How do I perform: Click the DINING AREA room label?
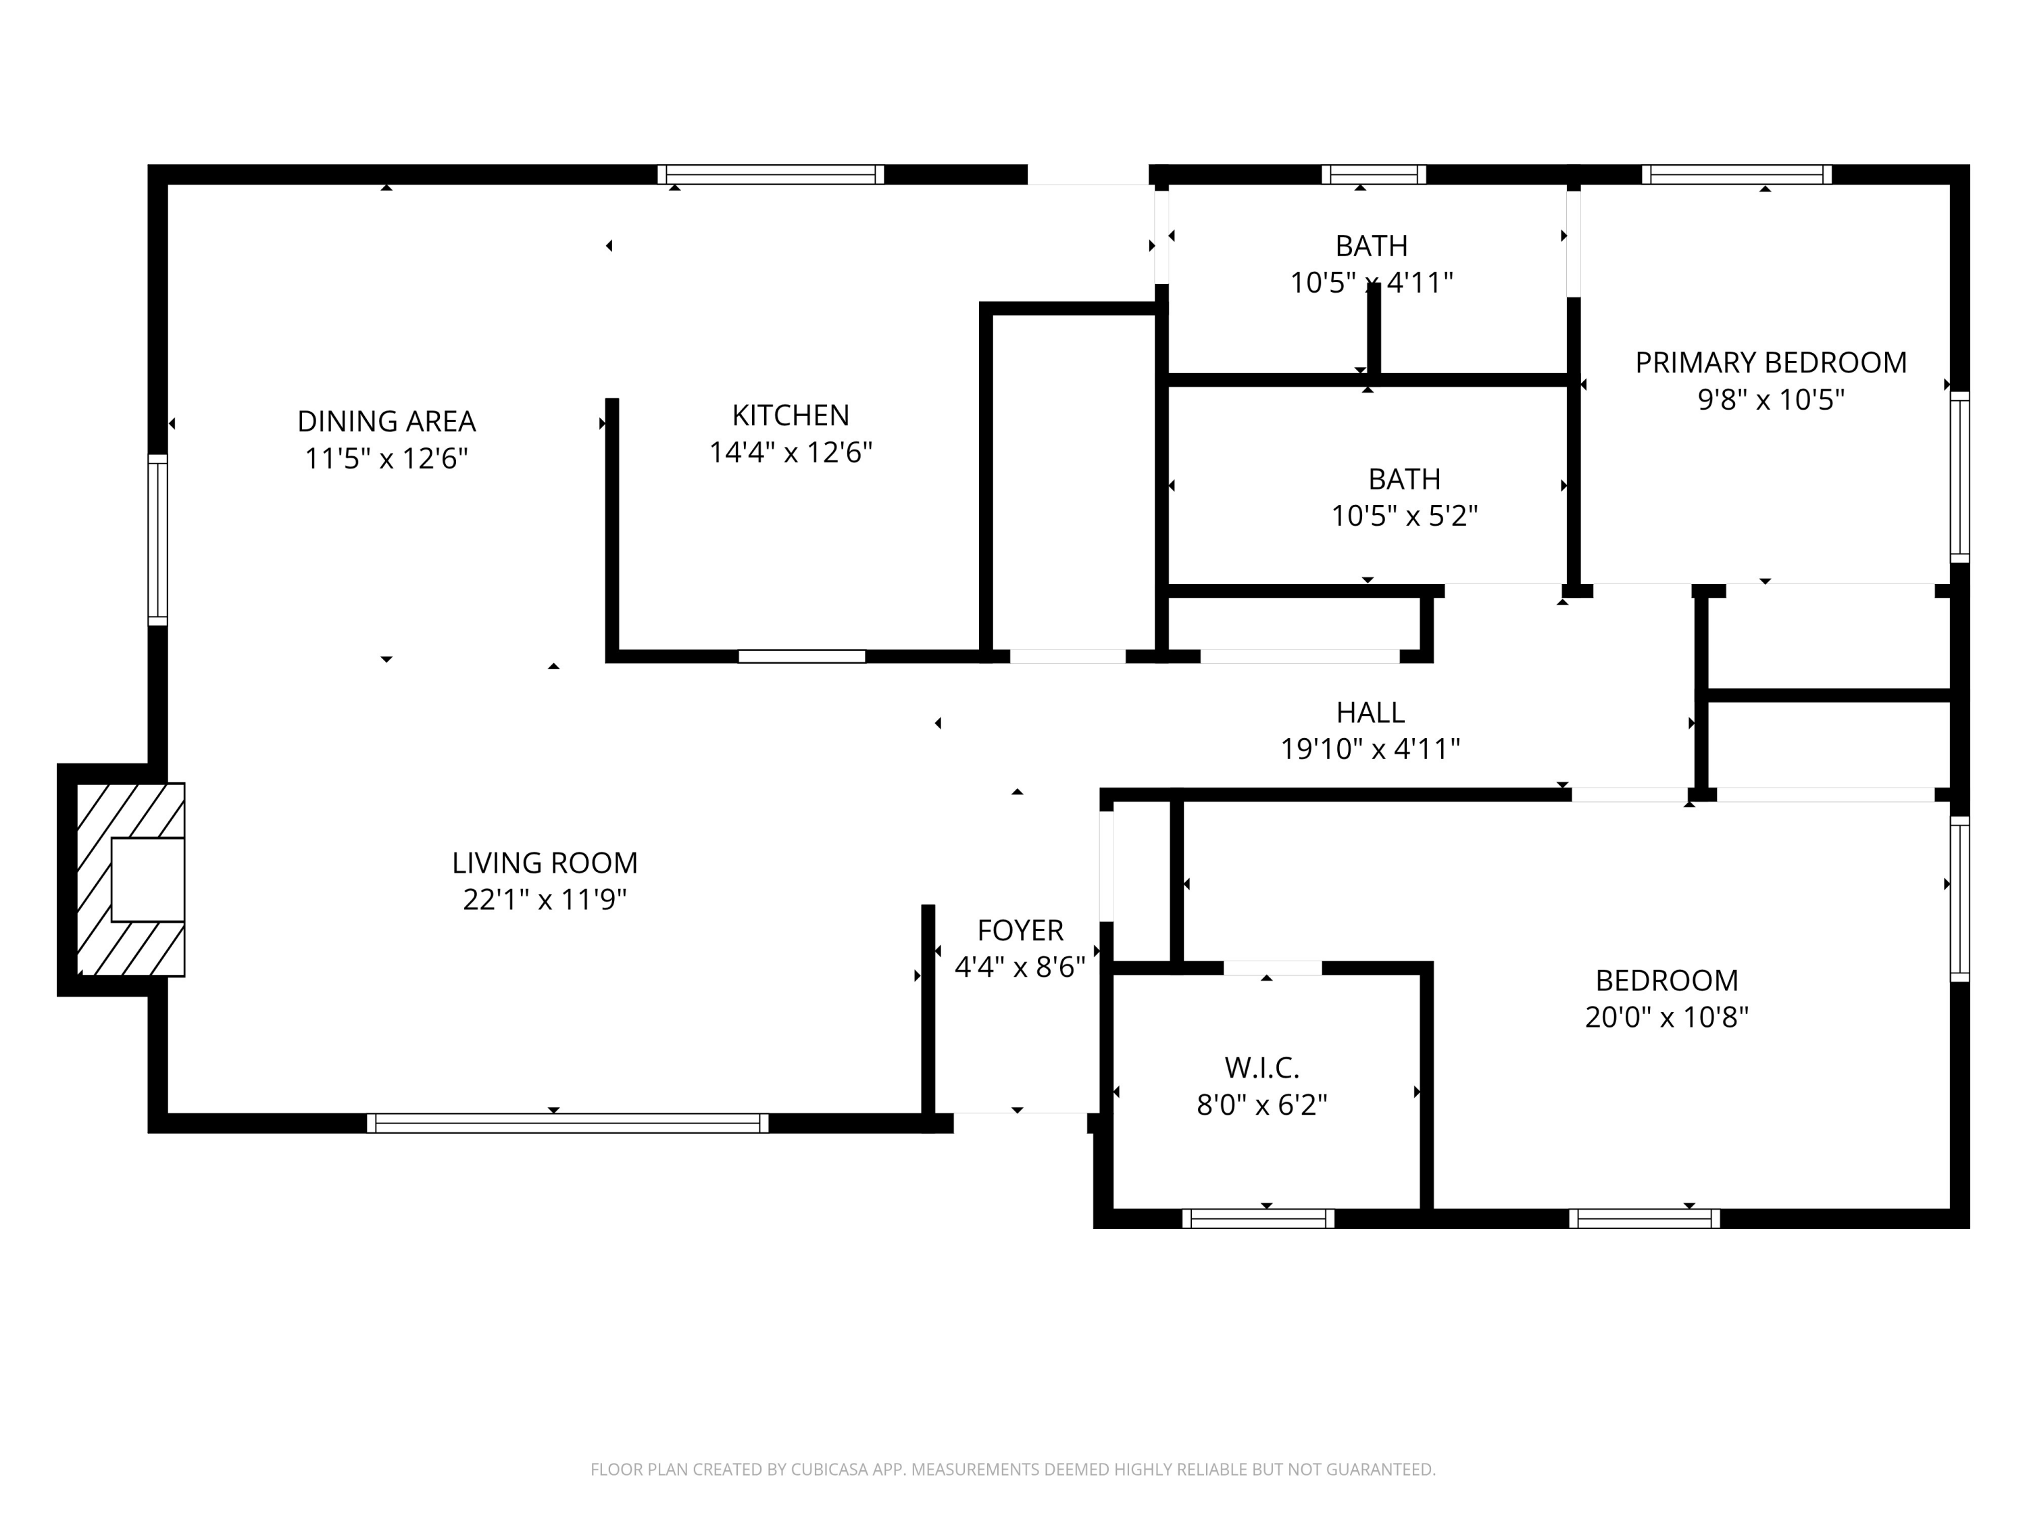(386, 421)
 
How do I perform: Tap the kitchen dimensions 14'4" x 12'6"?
(790, 453)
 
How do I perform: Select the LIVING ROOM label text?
(545, 863)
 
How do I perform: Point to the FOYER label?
(1020, 931)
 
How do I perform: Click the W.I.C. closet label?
(1262, 1068)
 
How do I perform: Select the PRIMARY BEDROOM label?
(1770, 363)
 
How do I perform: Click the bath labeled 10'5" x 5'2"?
(1404, 479)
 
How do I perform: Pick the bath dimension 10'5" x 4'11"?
(1371, 283)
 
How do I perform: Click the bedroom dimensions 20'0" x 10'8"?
(1666, 1017)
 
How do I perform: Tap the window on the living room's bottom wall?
(568, 1123)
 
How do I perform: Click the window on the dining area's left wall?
(157, 540)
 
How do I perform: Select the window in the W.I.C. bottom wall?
(1257, 1218)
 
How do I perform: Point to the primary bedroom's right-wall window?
(1959, 477)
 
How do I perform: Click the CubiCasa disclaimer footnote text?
(1013, 1470)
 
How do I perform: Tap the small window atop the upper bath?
(1373, 174)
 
